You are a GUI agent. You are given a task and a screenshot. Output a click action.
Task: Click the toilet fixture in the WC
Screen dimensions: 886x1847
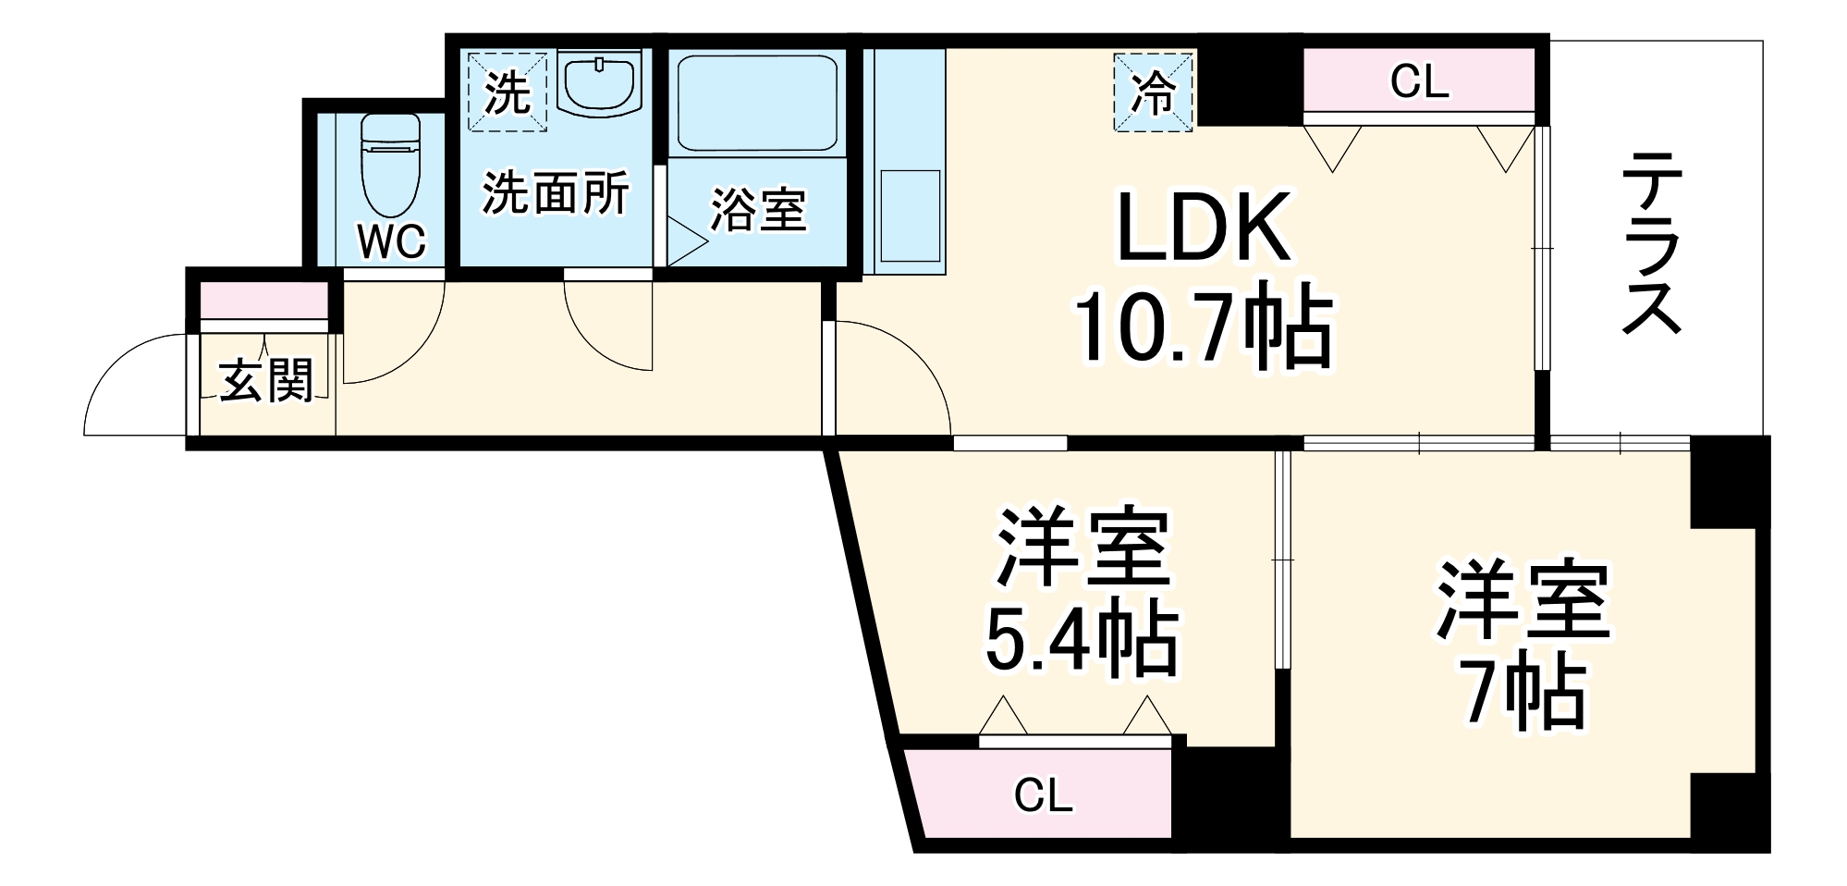(390, 167)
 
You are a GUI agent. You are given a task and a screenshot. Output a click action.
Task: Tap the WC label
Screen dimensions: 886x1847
(392, 241)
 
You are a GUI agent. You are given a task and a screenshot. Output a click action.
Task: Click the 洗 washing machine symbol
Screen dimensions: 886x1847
(508, 92)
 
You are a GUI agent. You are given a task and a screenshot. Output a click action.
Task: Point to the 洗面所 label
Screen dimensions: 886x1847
(556, 193)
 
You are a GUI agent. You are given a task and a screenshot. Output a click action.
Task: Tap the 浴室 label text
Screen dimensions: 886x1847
(757, 210)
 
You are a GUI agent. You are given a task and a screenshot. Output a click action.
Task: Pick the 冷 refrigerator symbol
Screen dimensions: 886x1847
(1154, 92)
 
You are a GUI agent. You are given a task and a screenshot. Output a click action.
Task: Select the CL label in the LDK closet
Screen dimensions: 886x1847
(1420, 83)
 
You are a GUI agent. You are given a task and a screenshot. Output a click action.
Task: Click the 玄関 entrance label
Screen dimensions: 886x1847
(265, 380)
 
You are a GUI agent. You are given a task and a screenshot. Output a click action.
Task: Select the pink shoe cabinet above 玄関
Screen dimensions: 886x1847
(264, 300)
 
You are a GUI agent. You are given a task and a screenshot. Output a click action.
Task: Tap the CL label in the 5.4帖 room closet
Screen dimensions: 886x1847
(1043, 796)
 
